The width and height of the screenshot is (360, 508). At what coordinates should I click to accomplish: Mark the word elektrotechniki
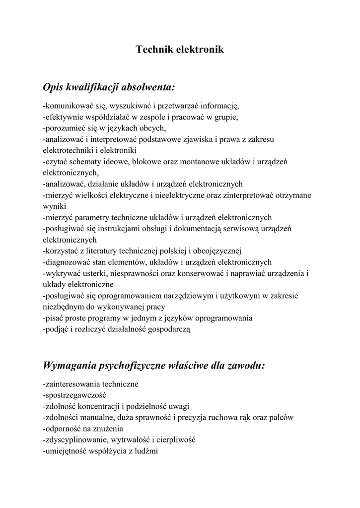[69, 150]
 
